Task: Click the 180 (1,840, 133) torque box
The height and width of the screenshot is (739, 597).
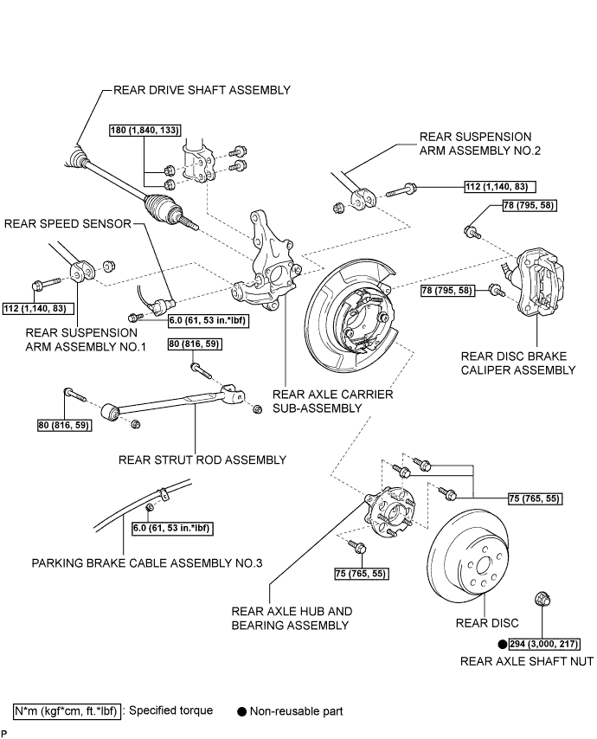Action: point(145,130)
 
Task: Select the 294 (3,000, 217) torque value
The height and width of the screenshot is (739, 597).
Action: point(544,644)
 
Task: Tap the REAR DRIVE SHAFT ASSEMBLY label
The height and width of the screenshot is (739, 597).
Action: point(202,90)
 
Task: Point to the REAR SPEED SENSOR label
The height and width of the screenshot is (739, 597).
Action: point(67,223)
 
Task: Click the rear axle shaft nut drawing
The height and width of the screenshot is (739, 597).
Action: point(542,600)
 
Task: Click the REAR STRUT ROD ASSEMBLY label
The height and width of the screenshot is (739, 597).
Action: point(202,460)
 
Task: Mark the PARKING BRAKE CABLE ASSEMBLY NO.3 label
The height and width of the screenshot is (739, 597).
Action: point(146,563)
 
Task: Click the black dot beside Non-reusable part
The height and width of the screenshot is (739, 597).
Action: point(241,711)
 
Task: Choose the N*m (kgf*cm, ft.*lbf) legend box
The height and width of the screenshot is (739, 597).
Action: point(67,710)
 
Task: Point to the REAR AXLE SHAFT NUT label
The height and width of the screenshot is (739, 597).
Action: point(527,662)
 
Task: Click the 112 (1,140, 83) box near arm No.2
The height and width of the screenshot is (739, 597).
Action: point(500,187)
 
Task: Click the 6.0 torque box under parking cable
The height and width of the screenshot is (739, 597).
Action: point(171,529)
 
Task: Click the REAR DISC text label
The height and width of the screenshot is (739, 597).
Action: point(487,623)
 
